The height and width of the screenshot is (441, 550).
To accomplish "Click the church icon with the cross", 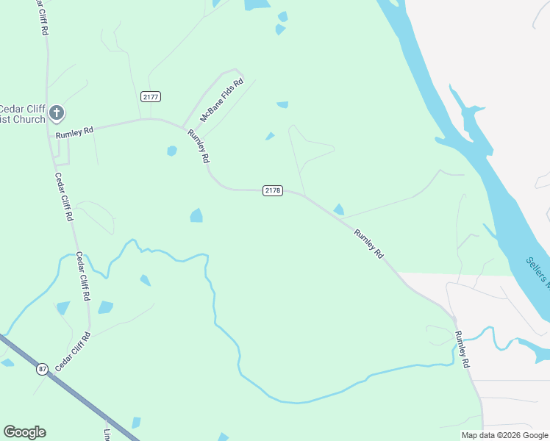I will coord(57,113).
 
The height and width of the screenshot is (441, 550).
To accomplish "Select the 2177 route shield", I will coord(151,97).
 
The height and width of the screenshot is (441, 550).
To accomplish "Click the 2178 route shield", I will coord(272,190).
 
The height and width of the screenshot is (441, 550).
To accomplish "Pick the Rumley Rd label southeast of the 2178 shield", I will coord(369,243).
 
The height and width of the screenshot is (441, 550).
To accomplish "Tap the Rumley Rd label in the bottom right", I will coord(462,349).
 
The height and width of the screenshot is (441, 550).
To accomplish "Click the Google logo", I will coord(24,432).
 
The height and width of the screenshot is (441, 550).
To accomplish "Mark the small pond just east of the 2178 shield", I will coord(338,209).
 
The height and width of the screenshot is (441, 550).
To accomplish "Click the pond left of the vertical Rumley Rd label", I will coord(172,151).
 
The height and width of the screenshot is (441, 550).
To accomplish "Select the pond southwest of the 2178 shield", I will coord(196,215).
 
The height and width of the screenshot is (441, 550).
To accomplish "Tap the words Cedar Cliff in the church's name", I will coord(23,109).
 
